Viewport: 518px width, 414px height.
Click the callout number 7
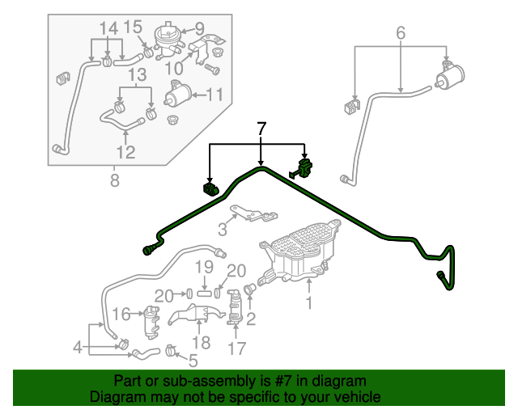pyautogui.click(x=261, y=129)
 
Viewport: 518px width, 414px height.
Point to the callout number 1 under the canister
pyautogui.click(x=308, y=304)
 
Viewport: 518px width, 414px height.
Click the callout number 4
pyautogui.click(x=77, y=349)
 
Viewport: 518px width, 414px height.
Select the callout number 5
pyautogui.click(x=192, y=360)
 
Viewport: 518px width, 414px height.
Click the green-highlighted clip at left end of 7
pyautogui.click(x=210, y=189)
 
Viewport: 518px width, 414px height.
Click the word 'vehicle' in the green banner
pyautogui.click(x=353, y=397)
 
